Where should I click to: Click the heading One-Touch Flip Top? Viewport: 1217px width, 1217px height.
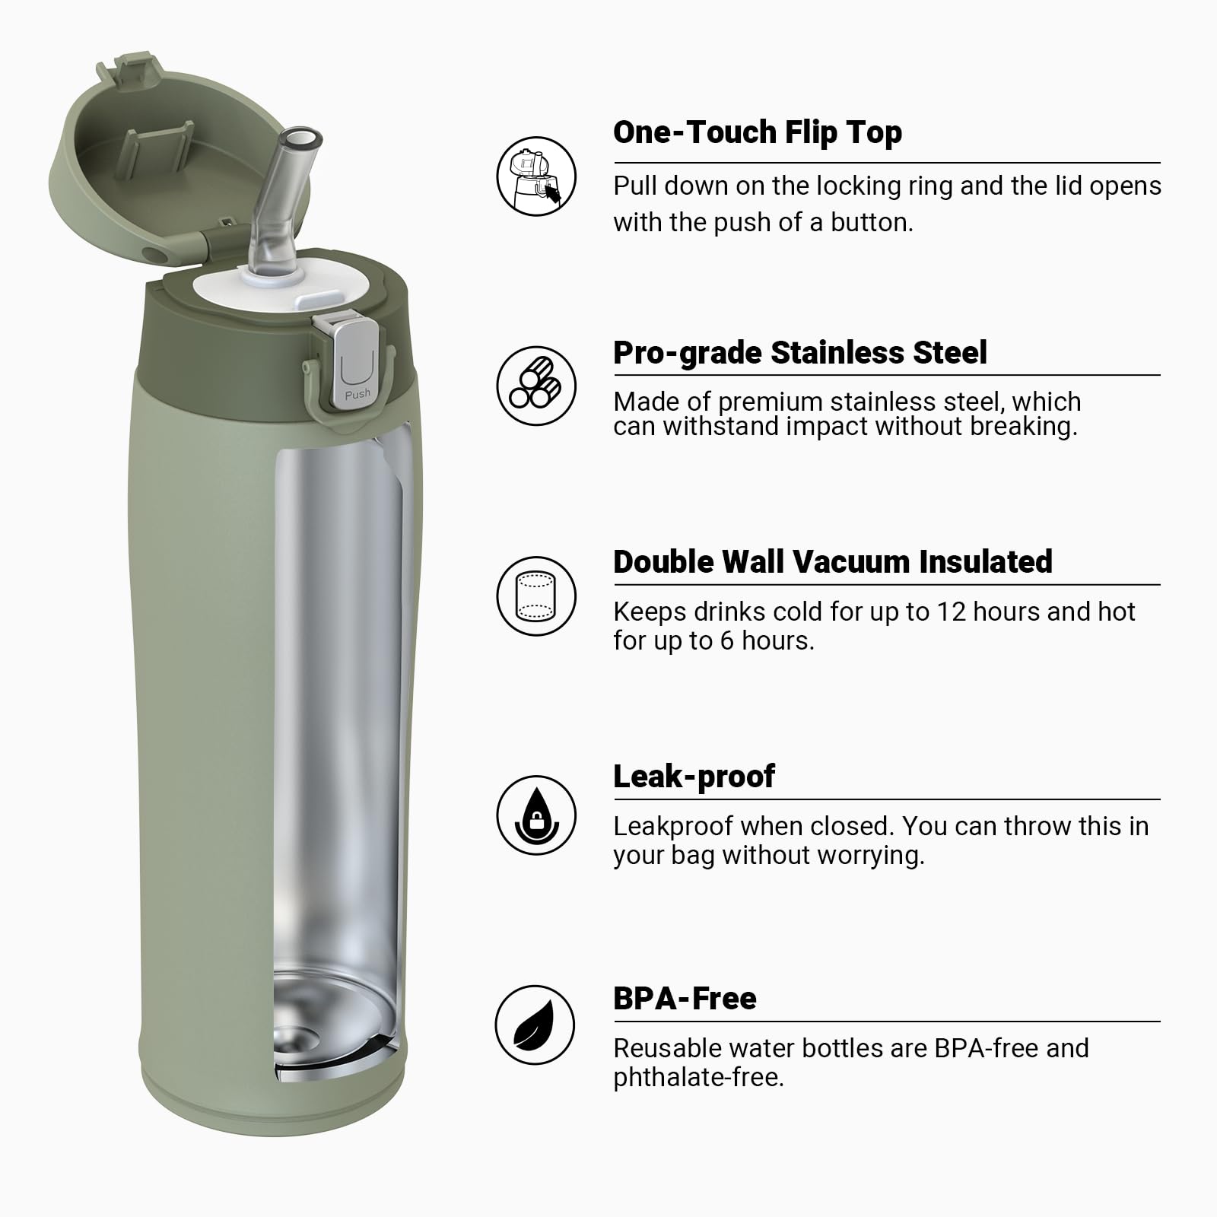tap(757, 132)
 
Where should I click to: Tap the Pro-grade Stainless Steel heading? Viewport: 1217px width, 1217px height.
tap(799, 353)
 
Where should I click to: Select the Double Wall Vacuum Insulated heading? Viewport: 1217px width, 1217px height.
tap(832, 562)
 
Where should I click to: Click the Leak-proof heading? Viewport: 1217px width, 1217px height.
tap(694, 777)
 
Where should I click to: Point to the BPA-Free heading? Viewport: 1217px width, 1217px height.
tap(685, 999)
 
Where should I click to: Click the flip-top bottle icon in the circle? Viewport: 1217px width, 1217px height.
tap(536, 176)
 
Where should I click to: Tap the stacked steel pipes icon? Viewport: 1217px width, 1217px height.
tap(536, 386)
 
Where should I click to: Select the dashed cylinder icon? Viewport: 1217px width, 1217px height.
tap(536, 596)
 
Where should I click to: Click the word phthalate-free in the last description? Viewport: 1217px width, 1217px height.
tap(697, 1078)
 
